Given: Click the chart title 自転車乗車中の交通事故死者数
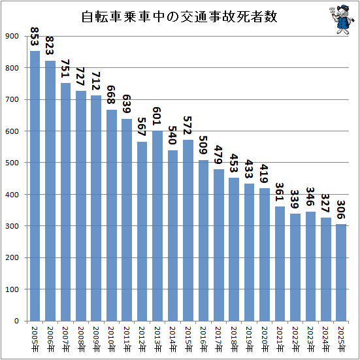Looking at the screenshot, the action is click(179, 16).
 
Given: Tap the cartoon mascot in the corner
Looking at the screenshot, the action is click(342, 20).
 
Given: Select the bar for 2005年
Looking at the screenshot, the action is click(35, 186).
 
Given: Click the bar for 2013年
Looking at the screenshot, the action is click(157, 225).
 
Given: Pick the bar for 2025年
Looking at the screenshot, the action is click(341, 272).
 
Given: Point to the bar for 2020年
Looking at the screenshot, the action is click(265, 254).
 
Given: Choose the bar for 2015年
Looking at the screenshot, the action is click(188, 230).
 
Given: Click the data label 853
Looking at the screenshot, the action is click(35, 37).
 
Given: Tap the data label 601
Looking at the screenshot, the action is click(157, 116).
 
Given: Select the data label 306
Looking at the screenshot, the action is click(341, 210).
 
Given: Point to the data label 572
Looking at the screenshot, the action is click(188, 125).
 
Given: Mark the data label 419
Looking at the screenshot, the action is click(265, 174).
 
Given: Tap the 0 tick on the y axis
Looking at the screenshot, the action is click(16, 321).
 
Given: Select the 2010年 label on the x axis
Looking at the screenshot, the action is click(112, 339).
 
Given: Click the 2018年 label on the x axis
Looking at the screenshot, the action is click(234, 339).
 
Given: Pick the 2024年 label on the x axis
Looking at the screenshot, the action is click(326, 339).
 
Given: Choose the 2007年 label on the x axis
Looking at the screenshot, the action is click(66, 339).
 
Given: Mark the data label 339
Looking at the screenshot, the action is click(295, 199).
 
